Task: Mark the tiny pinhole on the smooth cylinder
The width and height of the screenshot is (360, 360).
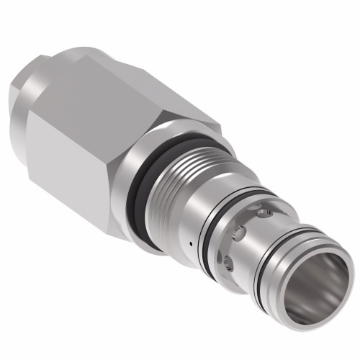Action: pyautogui.click(x=189, y=246)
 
